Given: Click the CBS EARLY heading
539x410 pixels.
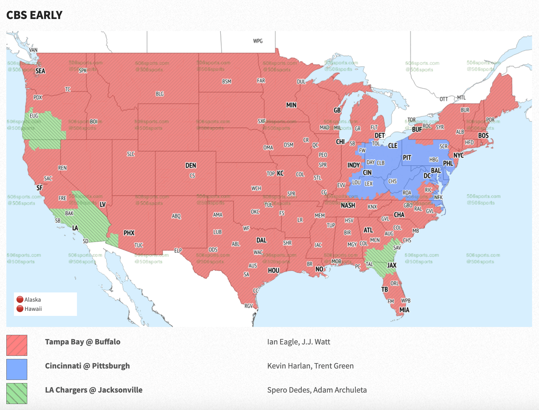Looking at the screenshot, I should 34,15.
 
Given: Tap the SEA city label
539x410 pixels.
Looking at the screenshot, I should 40,71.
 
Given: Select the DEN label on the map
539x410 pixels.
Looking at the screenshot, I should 191,165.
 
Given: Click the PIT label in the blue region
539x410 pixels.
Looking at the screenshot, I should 407,157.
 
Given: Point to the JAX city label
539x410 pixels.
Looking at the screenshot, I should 392,265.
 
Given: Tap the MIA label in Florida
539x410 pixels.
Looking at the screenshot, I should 404,310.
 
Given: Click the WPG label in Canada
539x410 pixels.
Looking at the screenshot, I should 258,41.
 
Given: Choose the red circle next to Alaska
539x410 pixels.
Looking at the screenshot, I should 20,299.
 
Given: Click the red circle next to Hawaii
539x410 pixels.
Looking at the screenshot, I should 20,309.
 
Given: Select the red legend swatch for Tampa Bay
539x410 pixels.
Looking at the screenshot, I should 17,345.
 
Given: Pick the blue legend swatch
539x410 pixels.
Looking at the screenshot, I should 17,369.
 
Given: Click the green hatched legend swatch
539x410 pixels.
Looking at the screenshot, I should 17,393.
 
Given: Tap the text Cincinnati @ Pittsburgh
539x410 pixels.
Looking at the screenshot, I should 87,366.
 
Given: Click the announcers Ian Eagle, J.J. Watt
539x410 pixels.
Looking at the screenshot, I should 298,342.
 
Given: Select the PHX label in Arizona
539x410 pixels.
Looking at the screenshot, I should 129,233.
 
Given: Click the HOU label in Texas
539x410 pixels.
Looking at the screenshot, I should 274,270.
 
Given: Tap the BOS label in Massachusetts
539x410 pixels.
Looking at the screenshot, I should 483,136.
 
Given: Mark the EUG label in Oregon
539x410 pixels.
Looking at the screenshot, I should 34,116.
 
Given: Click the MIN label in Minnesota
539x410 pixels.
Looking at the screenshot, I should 291,105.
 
